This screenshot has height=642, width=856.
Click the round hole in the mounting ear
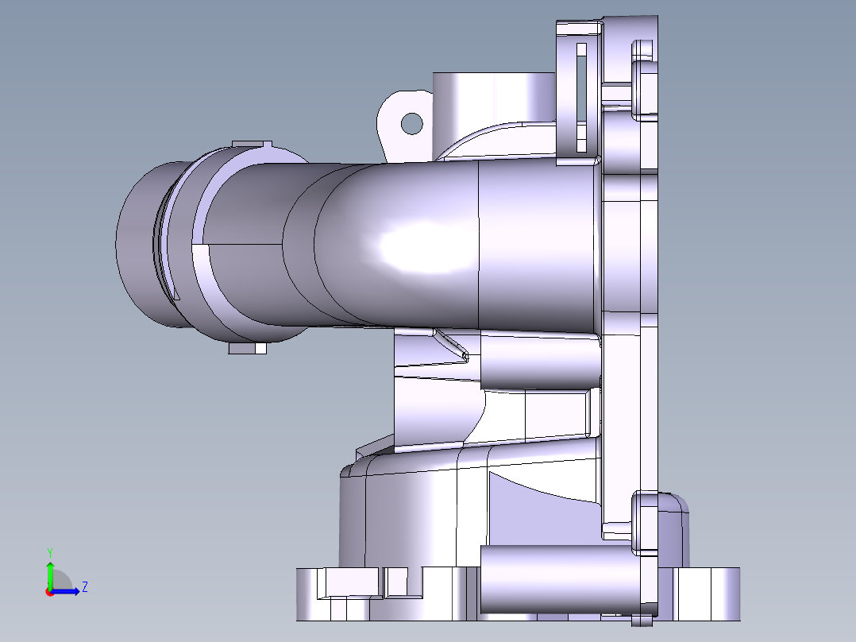(x=411, y=123)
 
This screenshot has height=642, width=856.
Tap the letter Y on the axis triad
(x=50, y=551)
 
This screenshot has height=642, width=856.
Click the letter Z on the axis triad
(x=84, y=587)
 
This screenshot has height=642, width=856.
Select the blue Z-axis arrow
(x=68, y=591)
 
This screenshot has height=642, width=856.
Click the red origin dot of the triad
(x=49, y=592)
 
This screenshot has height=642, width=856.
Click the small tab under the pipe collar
(x=247, y=348)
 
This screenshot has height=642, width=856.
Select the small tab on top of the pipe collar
(x=252, y=145)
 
